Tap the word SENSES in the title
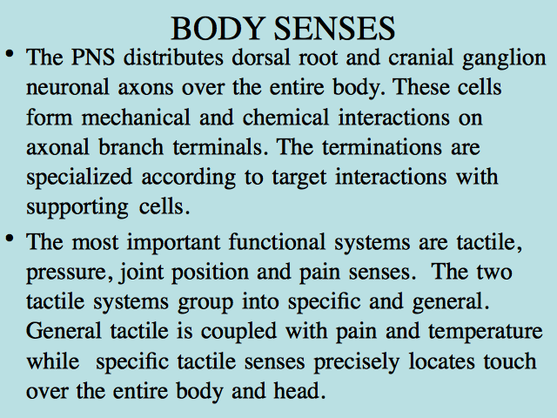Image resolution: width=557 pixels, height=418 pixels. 334,29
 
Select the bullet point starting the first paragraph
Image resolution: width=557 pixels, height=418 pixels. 10,54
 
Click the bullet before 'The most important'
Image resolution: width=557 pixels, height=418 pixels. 10,238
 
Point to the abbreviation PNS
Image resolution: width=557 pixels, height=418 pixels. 93,57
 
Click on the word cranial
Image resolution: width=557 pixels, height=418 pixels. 420,57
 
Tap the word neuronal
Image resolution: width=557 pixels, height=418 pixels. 68,87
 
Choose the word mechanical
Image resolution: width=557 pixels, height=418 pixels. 136,118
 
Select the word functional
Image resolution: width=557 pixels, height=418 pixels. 277,242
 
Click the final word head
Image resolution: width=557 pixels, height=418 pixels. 299,391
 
